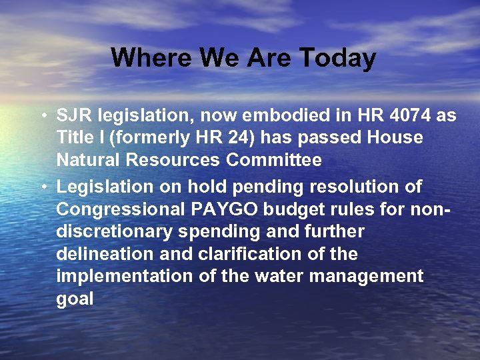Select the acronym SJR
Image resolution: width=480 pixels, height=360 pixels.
pos(75,115)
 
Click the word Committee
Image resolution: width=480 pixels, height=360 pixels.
pos(274,161)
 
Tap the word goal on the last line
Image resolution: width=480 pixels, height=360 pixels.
pos(75,299)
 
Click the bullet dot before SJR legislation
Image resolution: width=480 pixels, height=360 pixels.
pos(43,116)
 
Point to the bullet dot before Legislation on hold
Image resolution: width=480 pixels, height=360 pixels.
pos(43,187)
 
